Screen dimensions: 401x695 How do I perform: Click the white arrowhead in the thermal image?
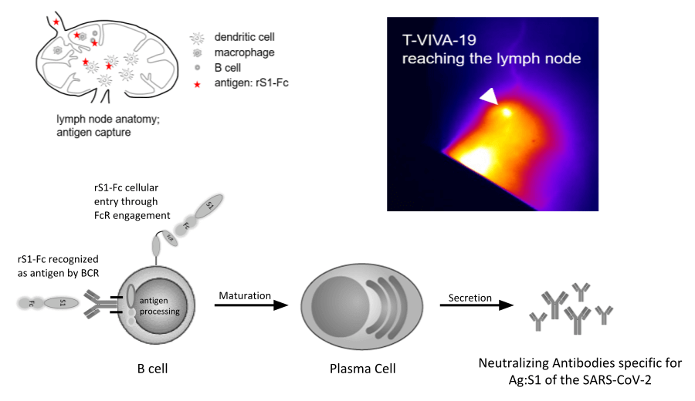click(489, 96)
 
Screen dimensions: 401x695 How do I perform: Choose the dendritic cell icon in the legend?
click(197, 37)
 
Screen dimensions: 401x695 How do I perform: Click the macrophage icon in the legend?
click(197, 53)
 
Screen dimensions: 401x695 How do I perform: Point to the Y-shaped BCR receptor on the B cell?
click(101, 305)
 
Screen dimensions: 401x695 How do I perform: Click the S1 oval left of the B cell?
click(63, 304)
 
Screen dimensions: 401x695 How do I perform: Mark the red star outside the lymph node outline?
click(56, 23)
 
